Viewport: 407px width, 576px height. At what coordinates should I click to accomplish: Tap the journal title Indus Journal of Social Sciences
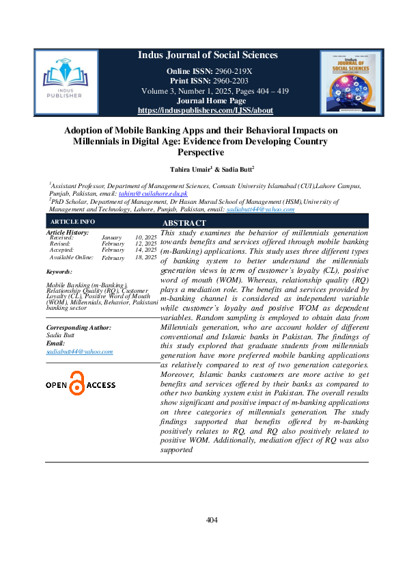[x=208, y=55]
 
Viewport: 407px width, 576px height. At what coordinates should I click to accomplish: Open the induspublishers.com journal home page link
[x=205, y=110]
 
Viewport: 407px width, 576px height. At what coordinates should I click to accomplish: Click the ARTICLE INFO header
[x=68, y=222]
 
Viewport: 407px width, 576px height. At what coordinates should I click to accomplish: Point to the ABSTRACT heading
[x=184, y=223]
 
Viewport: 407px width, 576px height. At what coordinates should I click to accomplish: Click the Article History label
[x=67, y=233]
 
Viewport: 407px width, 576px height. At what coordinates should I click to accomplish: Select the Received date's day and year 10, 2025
[x=145, y=237]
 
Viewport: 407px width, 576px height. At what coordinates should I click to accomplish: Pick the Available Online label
[x=71, y=258]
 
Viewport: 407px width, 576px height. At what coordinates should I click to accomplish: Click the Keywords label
[x=59, y=272]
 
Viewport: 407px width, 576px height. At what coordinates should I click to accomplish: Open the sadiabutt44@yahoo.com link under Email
[x=79, y=351]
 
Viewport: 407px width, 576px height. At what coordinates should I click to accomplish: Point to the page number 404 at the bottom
[x=212, y=521]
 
